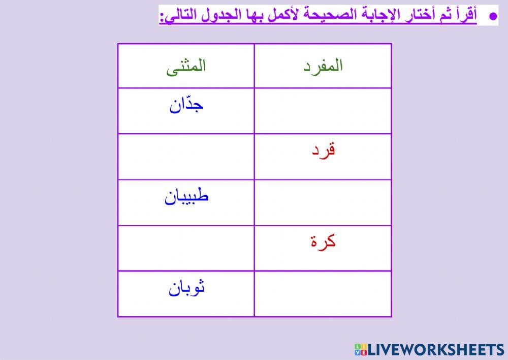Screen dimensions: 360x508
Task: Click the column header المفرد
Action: coord(323,66)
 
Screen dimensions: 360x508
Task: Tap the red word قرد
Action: coord(323,151)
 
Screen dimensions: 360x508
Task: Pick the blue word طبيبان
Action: coord(186,197)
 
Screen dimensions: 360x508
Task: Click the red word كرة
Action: coord(323,242)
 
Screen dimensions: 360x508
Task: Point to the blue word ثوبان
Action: coord(186,288)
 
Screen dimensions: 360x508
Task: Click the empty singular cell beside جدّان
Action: coord(323,111)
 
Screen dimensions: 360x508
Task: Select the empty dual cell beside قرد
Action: coord(186,157)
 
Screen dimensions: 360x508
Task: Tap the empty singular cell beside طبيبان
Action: coord(323,202)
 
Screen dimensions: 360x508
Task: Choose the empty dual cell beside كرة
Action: coord(186,248)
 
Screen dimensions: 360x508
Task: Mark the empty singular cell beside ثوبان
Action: coord(323,294)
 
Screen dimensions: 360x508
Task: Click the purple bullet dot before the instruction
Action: coord(492,16)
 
